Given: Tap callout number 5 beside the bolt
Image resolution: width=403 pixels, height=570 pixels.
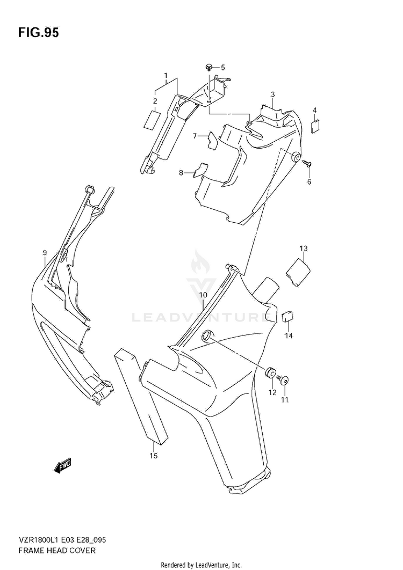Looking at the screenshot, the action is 222,67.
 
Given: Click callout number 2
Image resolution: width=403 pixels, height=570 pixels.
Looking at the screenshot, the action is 155,101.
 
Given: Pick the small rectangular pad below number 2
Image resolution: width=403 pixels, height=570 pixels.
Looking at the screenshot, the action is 152,120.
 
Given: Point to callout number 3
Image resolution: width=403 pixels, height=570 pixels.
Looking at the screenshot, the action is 272,94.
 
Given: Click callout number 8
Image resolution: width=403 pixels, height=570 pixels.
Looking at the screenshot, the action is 182,173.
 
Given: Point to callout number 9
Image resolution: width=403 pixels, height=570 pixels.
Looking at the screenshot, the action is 45,252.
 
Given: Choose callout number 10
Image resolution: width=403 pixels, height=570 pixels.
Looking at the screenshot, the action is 203,295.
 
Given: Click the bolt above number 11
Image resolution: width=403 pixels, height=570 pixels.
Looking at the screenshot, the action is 285,382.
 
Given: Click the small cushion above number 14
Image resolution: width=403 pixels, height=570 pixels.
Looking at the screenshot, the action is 287,317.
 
